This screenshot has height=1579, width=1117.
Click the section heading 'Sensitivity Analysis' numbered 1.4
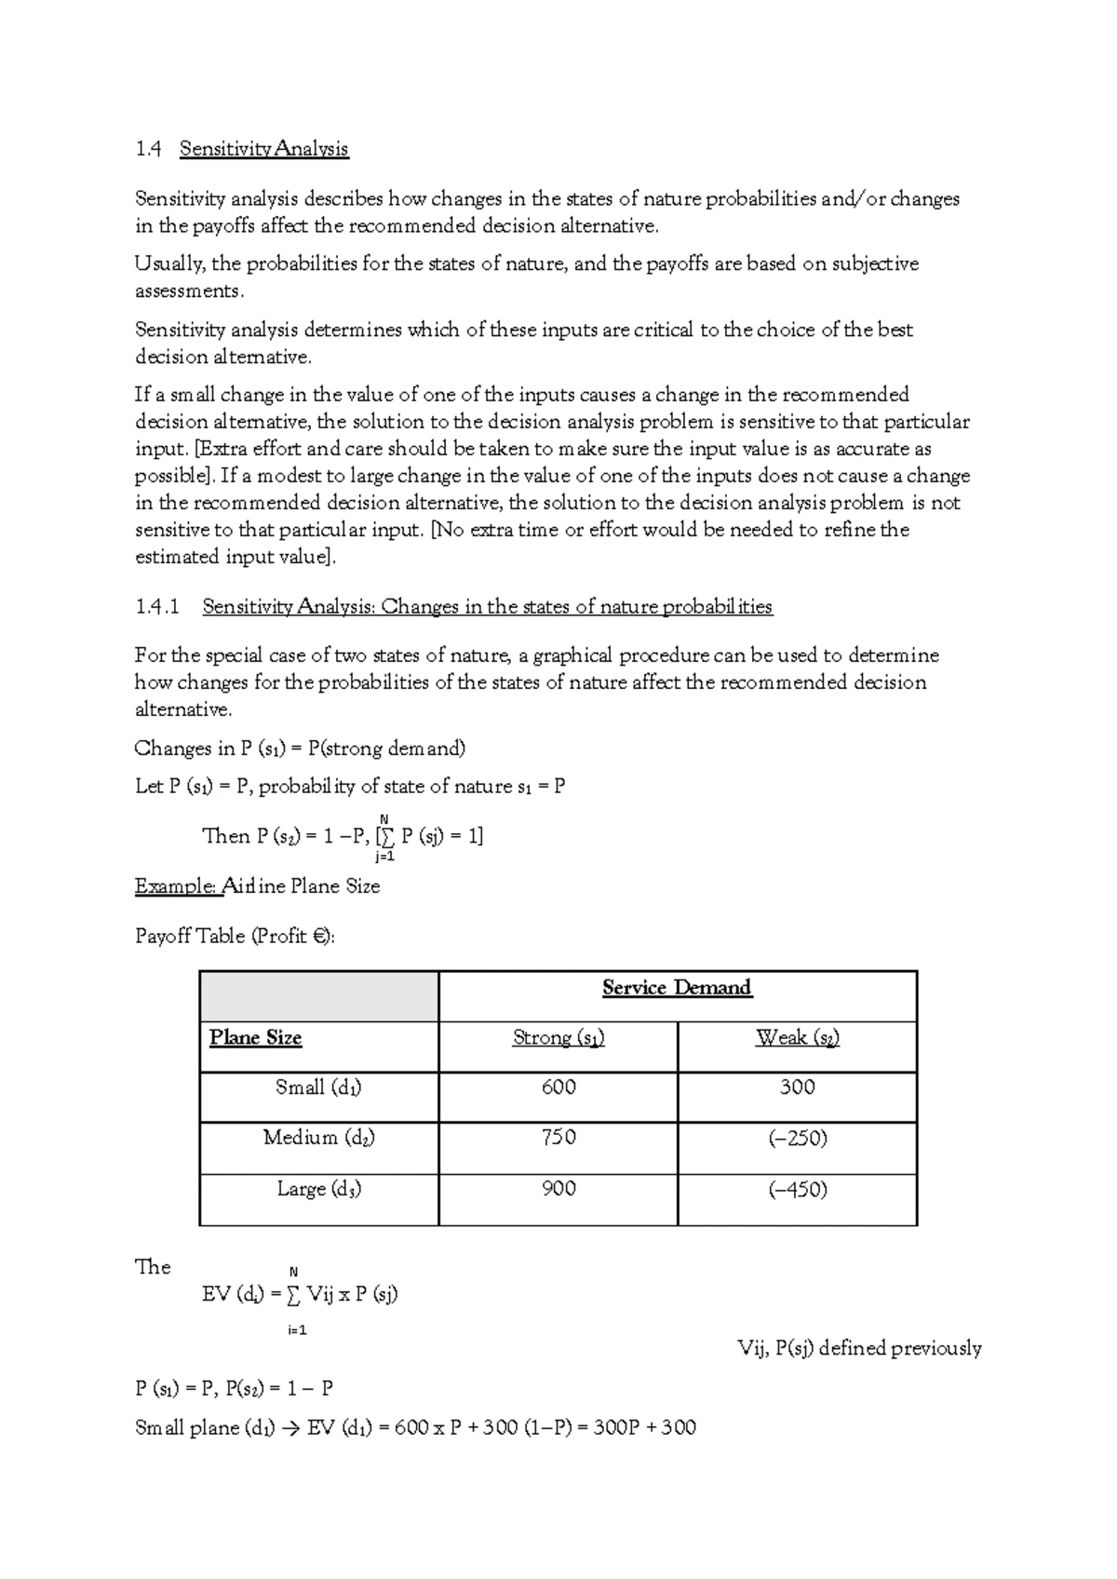pos(263,149)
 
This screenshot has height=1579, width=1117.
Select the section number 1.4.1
pos(155,607)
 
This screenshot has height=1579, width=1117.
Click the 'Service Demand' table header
pos(677,988)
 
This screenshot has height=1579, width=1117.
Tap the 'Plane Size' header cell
pos(256,1038)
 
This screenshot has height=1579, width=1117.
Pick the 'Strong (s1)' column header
pos(558,1038)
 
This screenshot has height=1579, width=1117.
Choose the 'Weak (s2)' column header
pos(798,1038)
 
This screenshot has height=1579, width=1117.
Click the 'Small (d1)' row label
pos(318,1087)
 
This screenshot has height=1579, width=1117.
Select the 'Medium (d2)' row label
pos(318,1138)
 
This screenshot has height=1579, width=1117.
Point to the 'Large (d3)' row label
pos(318,1189)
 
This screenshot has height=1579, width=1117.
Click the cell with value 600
pos(558,1087)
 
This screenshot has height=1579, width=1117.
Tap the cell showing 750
pos(558,1138)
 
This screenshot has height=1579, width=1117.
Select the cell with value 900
pos(558,1189)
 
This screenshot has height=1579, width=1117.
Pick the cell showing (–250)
pos(798,1138)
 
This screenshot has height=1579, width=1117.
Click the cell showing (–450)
pos(798,1189)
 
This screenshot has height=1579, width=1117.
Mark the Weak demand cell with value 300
pos(798,1087)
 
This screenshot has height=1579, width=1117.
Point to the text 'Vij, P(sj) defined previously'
pos(858,1348)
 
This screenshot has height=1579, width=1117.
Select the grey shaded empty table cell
pos(318,996)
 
